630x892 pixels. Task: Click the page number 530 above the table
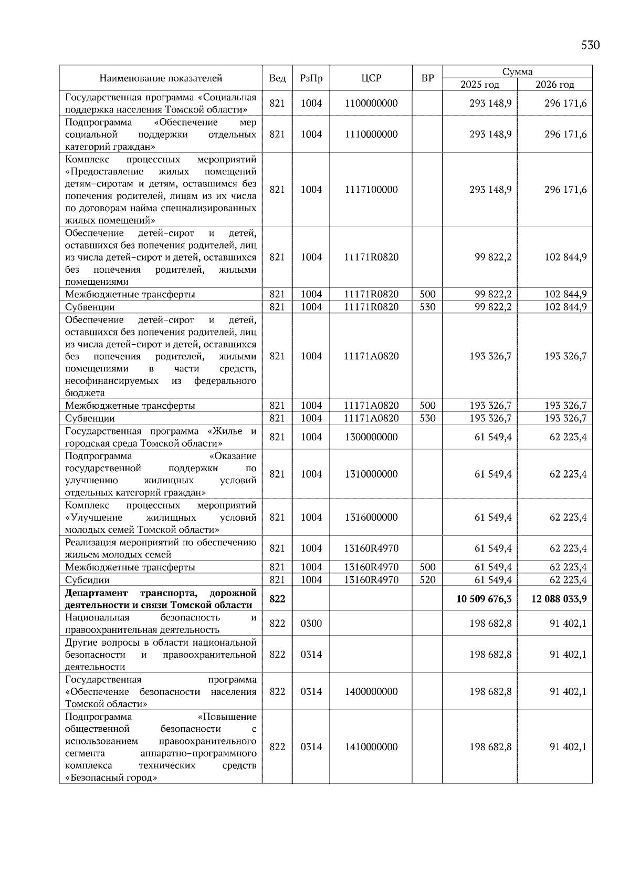coord(590,45)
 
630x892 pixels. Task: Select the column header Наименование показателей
coord(161,78)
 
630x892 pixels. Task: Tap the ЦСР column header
coord(371,78)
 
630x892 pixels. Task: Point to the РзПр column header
coord(311,78)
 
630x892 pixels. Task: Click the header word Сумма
coord(517,72)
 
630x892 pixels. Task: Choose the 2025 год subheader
coord(480,85)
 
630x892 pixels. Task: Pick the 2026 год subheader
coord(555,85)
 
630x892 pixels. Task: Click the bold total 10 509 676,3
coord(484,599)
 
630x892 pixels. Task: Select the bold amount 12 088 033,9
coord(559,599)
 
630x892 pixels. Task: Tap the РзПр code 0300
coord(311,624)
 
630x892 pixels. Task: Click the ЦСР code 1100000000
coord(371,103)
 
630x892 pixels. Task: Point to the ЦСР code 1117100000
coord(371,190)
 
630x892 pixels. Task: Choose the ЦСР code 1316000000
coord(371,517)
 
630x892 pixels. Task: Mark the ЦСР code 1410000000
coord(371,747)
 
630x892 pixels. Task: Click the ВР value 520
coord(427,580)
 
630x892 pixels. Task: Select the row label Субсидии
coord(87,580)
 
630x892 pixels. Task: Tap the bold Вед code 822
coord(277,599)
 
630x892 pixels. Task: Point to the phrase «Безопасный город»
coord(111,778)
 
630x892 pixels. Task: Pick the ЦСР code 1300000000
coord(371,437)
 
